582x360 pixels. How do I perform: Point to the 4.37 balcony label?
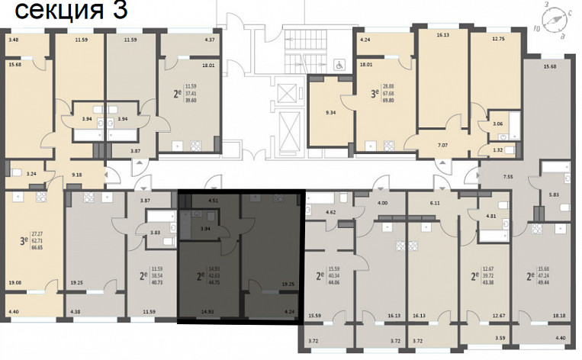pyautogui.click(x=210, y=39)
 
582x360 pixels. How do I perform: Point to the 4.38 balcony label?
pyautogui.click(x=74, y=311)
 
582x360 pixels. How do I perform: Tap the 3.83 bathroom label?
pyautogui.click(x=154, y=232)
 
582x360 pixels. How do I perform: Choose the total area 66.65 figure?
pyautogui.click(x=36, y=249)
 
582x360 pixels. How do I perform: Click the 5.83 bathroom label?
pyautogui.click(x=555, y=195)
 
